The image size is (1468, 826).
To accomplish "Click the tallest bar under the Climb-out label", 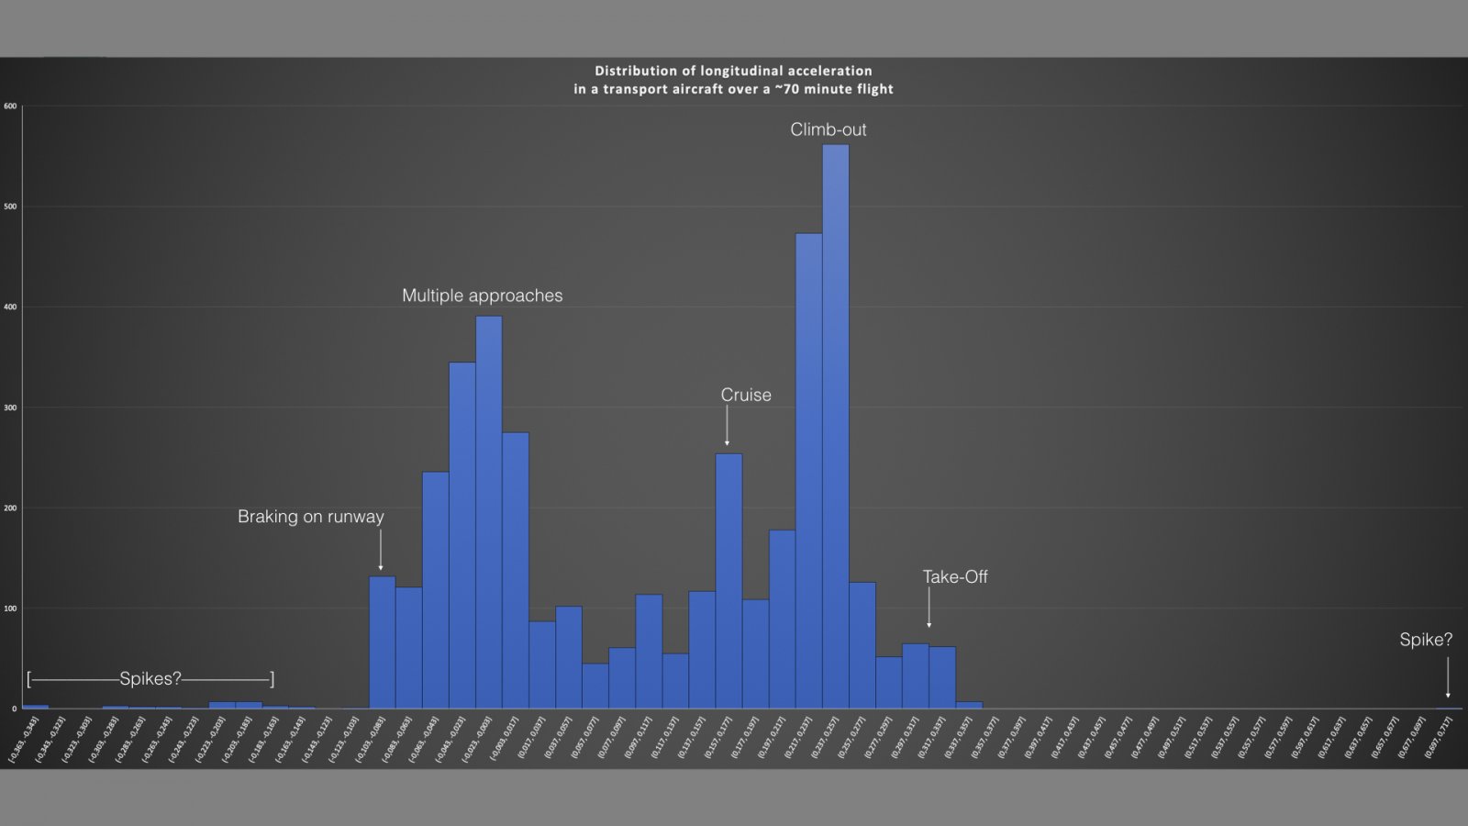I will click(x=835, y=427).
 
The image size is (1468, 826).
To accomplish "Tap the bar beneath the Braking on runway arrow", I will click(x=382, y=642).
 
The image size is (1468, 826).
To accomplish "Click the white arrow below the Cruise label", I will click(x=728, y=426).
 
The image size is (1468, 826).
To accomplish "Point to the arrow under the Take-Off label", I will click(x=929, y=608).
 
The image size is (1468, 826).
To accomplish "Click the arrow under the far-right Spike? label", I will click(x=1448, y=677).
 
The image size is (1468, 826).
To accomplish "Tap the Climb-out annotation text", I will click(x=828, y=129).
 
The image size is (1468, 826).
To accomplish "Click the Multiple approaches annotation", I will click(x=482, y=296).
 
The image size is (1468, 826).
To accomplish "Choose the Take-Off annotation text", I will click(x=955, y=576).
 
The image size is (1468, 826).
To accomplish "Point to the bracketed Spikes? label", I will click(x=150, y=678).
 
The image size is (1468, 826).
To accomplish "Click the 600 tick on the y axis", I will click(x=10, y=106).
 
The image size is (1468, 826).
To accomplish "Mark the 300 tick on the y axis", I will click(x=10, y=407).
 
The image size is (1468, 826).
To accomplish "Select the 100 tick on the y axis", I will click(x=10, y=608).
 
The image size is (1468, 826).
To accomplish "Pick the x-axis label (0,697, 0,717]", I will click(x=1439, y=740).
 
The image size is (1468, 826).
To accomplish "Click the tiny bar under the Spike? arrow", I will click(x=1448, y=708).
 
